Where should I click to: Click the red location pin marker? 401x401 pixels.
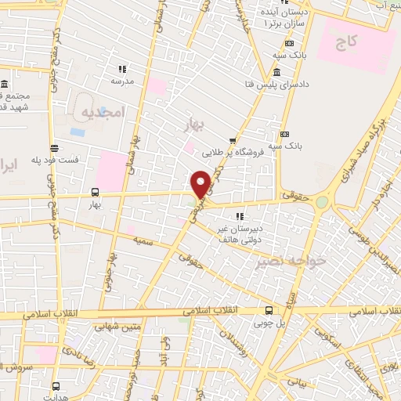[201, 182]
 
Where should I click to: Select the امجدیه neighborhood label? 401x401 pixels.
[103, 112]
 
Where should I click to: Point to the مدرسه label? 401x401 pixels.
[122, 81]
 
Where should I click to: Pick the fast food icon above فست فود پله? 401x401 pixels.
[52, 147]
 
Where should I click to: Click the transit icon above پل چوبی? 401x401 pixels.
[269, 310]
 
